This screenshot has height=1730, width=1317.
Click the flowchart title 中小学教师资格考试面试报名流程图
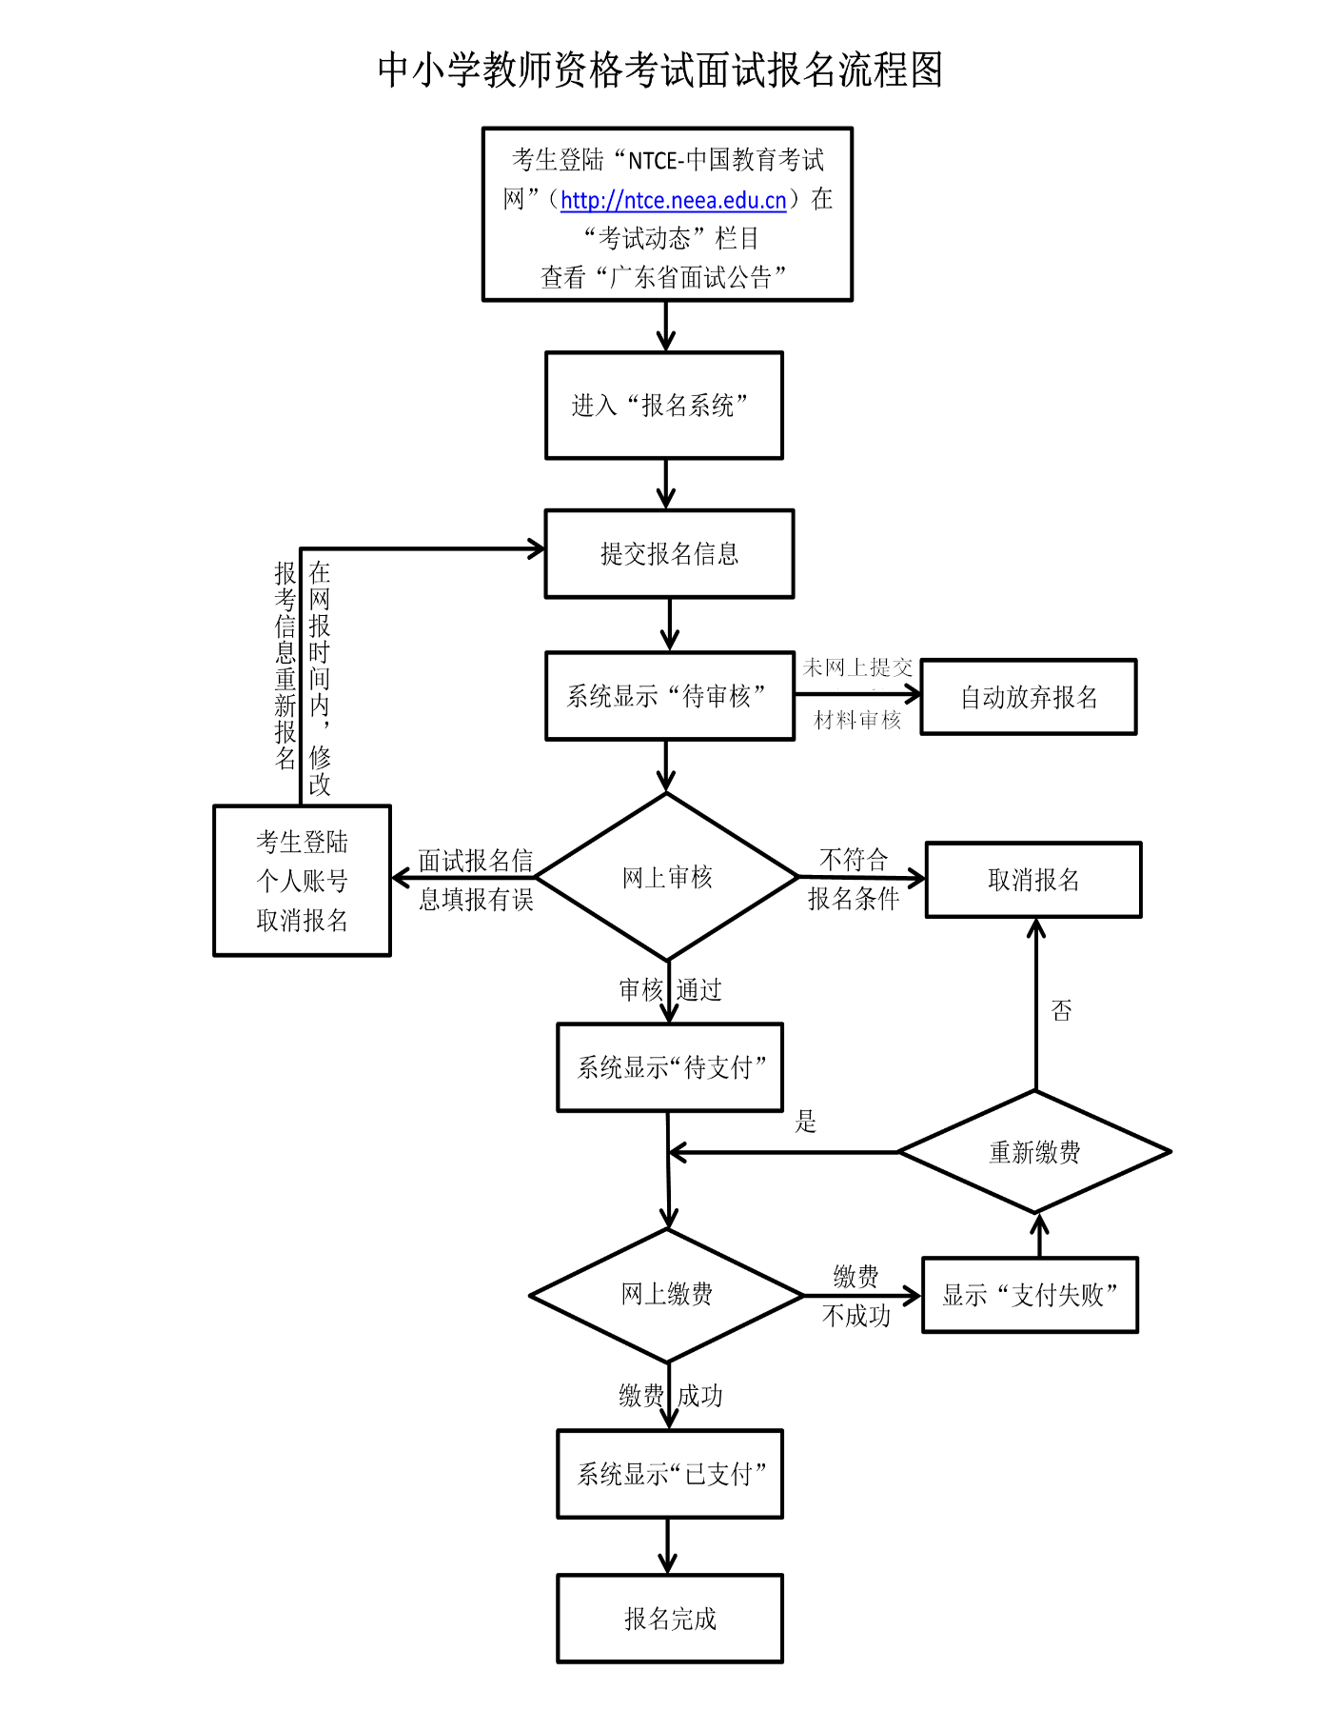[x=659, y=70]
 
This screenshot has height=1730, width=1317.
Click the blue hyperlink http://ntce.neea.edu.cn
[x=673, y=200]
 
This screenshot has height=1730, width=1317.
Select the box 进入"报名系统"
[x=663, y=406]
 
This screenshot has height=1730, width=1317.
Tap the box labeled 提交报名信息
[x=669, y=554]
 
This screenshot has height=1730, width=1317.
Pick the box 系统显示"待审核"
[x=669, y=696]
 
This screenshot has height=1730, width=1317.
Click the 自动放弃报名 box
[x=1028, y=697]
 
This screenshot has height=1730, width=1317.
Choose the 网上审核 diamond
[x=667, y=877]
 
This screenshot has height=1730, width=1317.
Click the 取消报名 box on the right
[x=1033, y=880]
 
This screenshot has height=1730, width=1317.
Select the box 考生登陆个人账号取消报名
[x=302, y=881]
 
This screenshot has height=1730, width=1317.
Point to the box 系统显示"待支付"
[x=670, y=1067]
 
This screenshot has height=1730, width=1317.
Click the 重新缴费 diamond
[x=1034, y=1152]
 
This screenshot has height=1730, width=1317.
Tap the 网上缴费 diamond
[x=666, y=1295]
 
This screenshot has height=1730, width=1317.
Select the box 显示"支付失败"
[x=1030, y=1295]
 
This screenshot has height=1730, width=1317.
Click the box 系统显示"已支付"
[x=670, y=1474]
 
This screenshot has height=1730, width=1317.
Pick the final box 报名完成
[x=670, y=1619]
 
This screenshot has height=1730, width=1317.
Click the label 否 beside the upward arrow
[x=1061, y=1010]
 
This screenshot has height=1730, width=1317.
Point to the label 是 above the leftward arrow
[x=806, y=1122]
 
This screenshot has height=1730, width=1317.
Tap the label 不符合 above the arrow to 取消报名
[x=854, y=860]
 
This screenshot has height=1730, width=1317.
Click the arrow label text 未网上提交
[x=857, y=667]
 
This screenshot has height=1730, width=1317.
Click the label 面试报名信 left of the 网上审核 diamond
[x=475, y=861]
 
